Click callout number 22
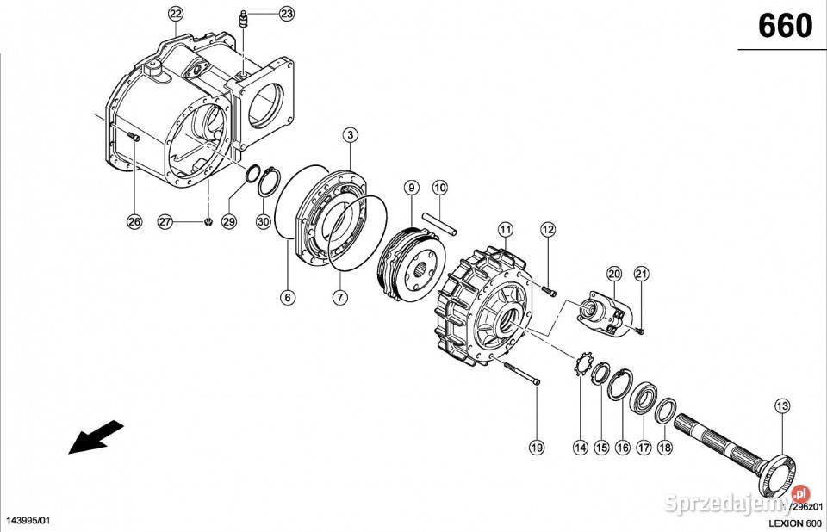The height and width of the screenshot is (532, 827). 176,13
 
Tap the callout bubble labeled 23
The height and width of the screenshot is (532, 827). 285,14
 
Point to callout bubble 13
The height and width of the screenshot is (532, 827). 781,405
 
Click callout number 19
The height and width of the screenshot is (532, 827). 537,447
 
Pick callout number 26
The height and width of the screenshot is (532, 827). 134,222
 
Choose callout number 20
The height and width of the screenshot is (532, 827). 613,275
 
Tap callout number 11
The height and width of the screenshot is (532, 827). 504,229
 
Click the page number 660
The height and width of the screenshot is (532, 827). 784,27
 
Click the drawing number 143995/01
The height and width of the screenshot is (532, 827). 33,522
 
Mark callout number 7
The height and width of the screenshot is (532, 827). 339,297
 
